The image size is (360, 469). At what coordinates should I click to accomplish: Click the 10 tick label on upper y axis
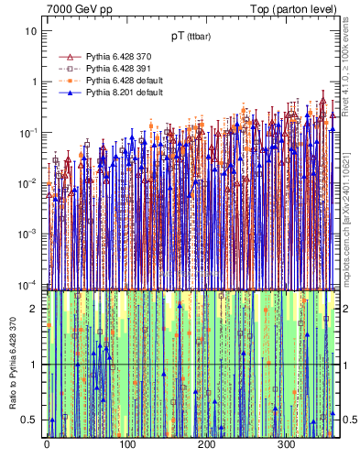coord(31,31)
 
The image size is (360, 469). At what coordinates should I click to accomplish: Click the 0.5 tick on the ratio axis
coord(30,420)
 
